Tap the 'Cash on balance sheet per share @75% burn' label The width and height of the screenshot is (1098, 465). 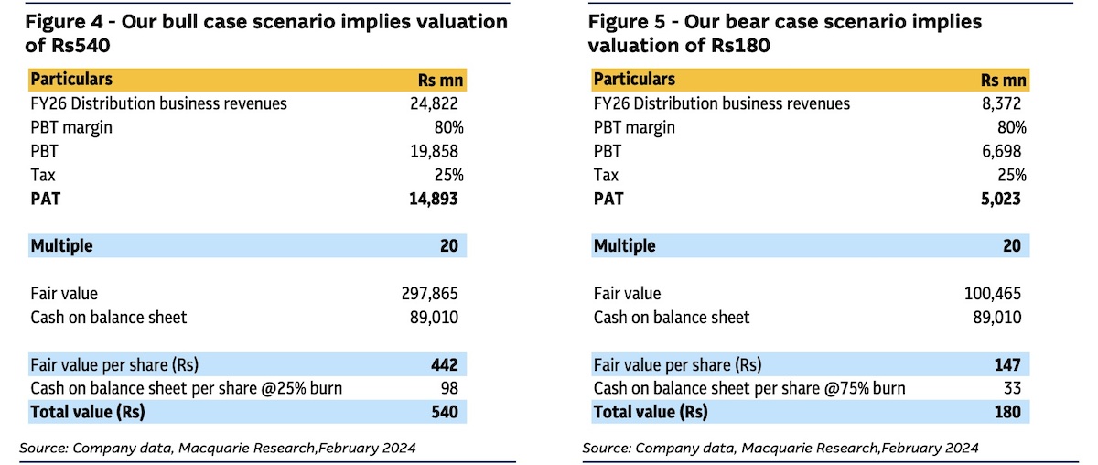click(x=749, y=388)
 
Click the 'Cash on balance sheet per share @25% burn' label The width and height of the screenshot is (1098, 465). click(x=186, y=388)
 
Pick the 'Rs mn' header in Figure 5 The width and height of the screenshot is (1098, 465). click(x=1003, y=81)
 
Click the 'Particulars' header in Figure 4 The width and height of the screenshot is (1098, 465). click(x=71, y=80)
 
